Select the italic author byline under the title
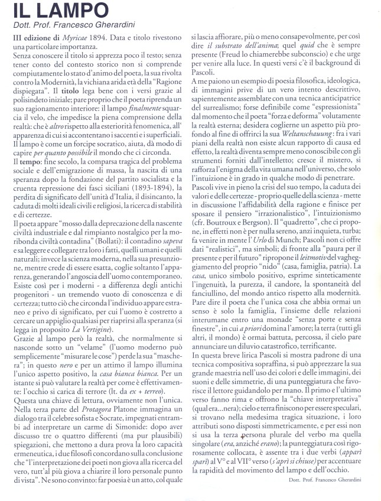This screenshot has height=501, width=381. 74,25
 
